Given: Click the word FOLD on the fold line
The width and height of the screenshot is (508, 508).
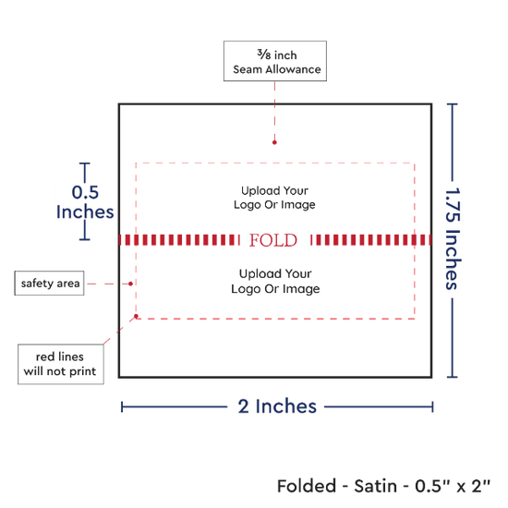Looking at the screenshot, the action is [x=273, y=240].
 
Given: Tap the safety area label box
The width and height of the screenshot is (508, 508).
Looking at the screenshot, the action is [x=49, y=284].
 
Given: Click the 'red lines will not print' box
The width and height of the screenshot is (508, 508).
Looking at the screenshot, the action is [x=61, y=364].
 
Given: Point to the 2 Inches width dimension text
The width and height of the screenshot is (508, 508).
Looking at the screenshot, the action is [x=277, y=406].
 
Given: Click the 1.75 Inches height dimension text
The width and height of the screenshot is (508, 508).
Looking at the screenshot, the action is [x=453, y=238].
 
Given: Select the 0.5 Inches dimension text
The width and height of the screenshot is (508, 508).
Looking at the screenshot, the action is [x=85, y=202].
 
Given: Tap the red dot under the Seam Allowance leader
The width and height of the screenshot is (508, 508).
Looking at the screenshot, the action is [x=274, y=142].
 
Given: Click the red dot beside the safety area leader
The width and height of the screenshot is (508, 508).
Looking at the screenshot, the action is [x=130, y=284].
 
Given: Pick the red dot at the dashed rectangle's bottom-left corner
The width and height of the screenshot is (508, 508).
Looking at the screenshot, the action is [x=136, y=316].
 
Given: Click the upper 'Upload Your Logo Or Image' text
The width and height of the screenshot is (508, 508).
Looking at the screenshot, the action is [x=274, y=198].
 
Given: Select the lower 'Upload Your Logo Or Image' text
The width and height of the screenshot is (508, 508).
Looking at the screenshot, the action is [x=275, y=281].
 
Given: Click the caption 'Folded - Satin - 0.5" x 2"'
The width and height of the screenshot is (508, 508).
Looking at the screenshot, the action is [x=384, y=486].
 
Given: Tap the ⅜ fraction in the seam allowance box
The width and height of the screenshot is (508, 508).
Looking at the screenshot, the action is [x=264, y=54].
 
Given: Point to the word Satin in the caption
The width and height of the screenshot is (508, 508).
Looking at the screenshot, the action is [x=376, y=486].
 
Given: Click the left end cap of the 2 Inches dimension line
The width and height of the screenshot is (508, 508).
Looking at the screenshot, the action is [x=122, y=407].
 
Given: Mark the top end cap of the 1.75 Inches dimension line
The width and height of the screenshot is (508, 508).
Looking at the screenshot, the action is [x=453, y=104].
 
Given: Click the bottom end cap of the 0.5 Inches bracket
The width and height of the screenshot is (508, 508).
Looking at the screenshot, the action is [x=85, y=240].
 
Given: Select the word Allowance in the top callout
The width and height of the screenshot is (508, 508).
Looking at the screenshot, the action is [x=293, y=69].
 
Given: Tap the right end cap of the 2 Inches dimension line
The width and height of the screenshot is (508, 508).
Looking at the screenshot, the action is [x=432, y=407].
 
